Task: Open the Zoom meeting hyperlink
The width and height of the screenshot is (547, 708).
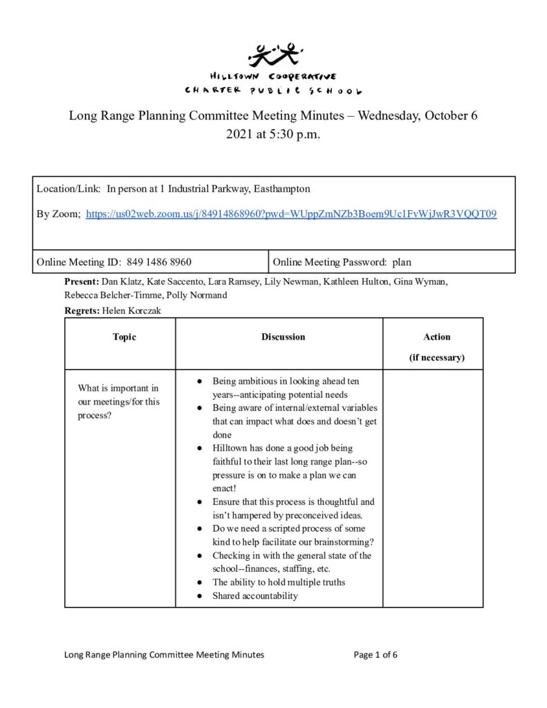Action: click(290, 214)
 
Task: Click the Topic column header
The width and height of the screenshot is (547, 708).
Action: click(124, 337)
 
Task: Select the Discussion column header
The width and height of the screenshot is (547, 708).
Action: click(283, 337)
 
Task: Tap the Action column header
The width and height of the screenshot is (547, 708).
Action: click(436, 337)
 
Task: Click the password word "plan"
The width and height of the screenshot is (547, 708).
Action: click(402, 263)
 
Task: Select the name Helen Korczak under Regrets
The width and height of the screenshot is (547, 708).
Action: click(131, 311)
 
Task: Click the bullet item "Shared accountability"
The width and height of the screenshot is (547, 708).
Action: click(255, 596)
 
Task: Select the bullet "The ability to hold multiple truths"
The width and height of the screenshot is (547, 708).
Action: click(279, 582)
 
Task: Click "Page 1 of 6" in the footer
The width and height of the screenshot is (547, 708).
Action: click(376, 655)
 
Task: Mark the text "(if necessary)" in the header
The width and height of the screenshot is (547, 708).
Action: click(436, 358)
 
